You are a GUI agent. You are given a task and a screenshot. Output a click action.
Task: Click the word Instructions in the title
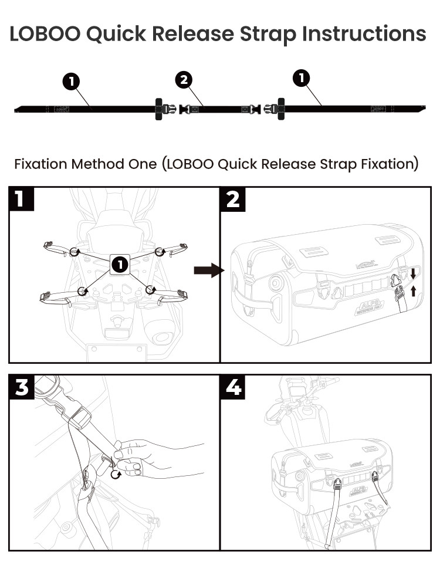click(x=364, y=33)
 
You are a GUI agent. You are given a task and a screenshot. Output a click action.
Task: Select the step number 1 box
click(x=21, y=199)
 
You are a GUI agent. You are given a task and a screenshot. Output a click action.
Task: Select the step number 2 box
click(x=233, y=199)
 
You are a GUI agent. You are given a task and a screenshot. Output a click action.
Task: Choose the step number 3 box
click(x=22, y=387)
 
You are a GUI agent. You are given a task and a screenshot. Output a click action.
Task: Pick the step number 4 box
click(x=233, y=387)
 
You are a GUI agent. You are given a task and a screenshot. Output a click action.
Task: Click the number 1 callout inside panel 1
click(x=119, y=265)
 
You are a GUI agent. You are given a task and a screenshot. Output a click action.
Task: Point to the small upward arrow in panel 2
click(x=413, y=290)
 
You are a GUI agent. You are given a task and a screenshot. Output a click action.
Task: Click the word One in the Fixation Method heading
click(x=140, y=164)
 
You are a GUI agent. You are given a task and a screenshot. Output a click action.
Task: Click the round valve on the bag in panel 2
click(x=273, y=282)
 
